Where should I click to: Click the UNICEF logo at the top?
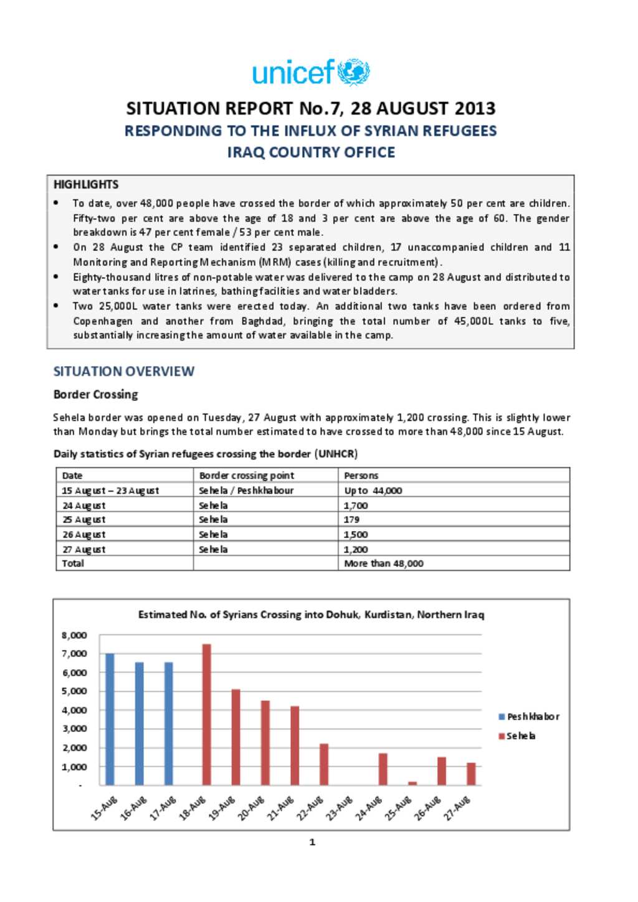[311, 72]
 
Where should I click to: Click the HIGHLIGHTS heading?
[86, 184]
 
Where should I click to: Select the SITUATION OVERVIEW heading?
[123, 372]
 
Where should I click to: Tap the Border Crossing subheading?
[95, 395]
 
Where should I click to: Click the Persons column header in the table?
[361, 476]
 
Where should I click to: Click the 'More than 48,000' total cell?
[383, 563]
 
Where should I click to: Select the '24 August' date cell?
[83, 505]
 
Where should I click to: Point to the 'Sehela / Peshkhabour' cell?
[245, 491]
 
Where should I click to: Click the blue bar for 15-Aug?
[110, 719]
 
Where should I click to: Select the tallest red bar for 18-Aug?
[206, 715]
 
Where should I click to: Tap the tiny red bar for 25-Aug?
[412, 783]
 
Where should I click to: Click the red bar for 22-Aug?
[323, 764]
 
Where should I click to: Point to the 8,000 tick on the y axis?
[74, 635]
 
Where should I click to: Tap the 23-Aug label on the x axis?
[340, 807]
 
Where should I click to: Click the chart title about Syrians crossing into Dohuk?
[311, 614]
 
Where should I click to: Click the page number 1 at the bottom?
[312, 842]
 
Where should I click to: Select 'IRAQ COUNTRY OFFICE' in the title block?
[311, 153]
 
